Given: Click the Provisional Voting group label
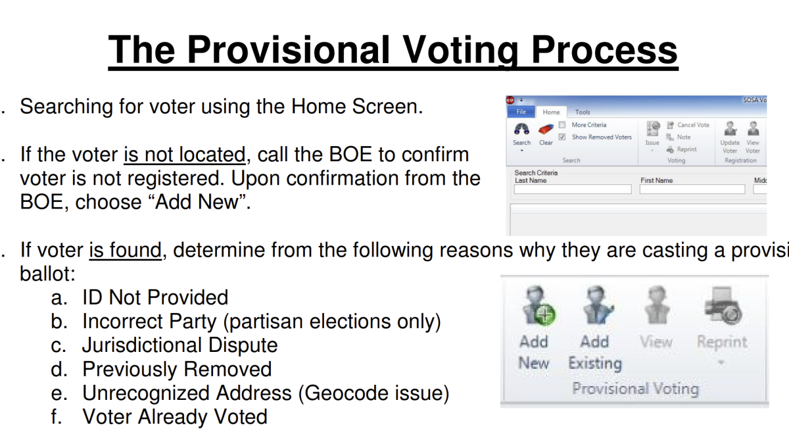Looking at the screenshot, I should click(x=634, y=389).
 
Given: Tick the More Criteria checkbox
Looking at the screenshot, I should click(x=562, y=125).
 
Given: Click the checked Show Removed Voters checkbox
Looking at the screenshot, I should click(x=562, y=137).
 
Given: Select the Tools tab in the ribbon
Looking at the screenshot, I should click(x=583, y=112).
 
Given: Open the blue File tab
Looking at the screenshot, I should click(x=521, y=112).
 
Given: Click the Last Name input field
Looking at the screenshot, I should click(x=572, y=189).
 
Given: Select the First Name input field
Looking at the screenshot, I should click(x=692, y=189).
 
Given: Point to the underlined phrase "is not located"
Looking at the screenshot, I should click(x=184, y=155).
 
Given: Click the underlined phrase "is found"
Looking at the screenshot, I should click(x=125, y=251).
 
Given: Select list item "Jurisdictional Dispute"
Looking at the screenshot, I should click(x=179, y=345).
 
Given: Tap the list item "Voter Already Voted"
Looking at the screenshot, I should click(x=174, y=417).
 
